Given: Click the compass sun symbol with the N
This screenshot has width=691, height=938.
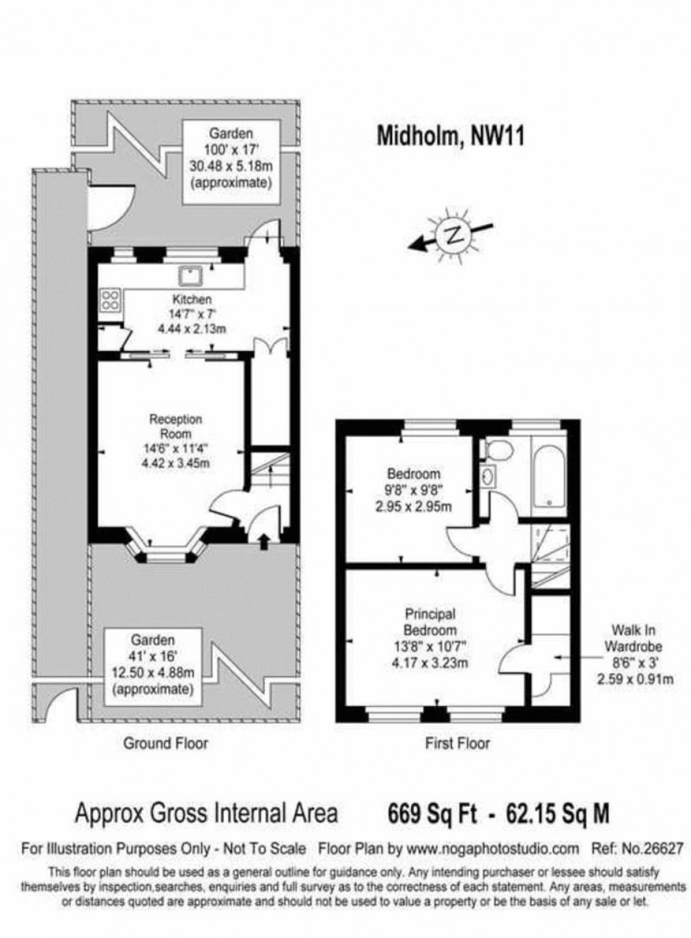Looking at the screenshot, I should pyautogui.click(x=452, y=237).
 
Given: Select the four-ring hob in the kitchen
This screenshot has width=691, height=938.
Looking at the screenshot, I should pyautogui.click(x=111, y=302).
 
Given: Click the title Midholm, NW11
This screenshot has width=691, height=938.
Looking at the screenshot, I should pyautogui.click(x=451, y=135).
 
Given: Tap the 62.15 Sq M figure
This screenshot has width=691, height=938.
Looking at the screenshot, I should pyautogui.click(x=558, y=815).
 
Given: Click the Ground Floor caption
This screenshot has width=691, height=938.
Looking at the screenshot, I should pyautogui.click(x=166, y=743).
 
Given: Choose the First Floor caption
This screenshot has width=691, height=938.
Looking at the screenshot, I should pyautogui.click(x=458, y=743).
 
